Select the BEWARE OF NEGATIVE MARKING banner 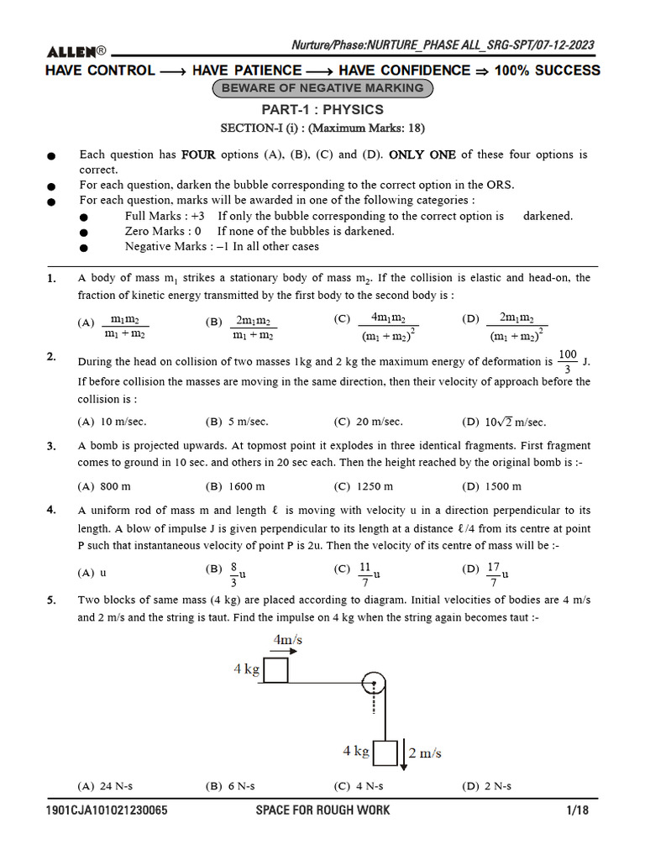323,88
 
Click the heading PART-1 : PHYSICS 322,110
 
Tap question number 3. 51,445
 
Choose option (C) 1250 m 363,486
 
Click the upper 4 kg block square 275,670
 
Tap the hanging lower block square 385,753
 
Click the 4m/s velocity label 287,640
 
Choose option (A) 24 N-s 105,786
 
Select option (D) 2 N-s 486,786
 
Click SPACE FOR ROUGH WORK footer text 322,810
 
